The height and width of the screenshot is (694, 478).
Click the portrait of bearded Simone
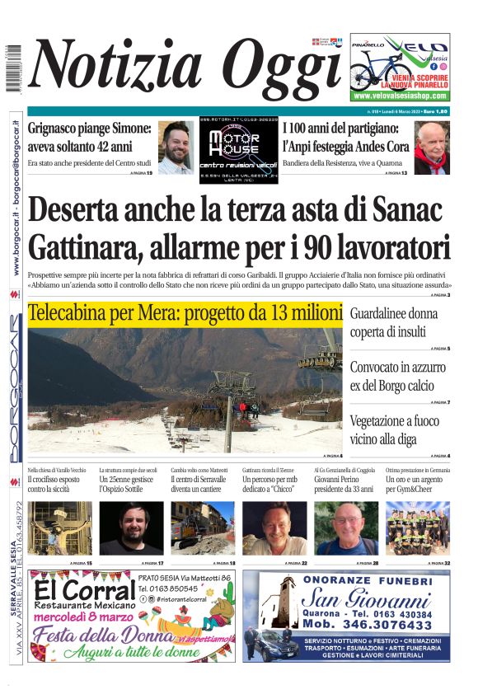176,148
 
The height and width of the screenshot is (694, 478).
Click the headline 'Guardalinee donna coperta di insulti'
394,323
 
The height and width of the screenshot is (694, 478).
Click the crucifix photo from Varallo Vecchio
59,528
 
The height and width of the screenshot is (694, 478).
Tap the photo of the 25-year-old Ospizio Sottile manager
131,528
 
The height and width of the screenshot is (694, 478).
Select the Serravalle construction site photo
203,528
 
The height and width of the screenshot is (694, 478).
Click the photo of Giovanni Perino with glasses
346,528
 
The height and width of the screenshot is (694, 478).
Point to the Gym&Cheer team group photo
418,528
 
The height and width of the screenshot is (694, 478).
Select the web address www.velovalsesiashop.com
400,96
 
